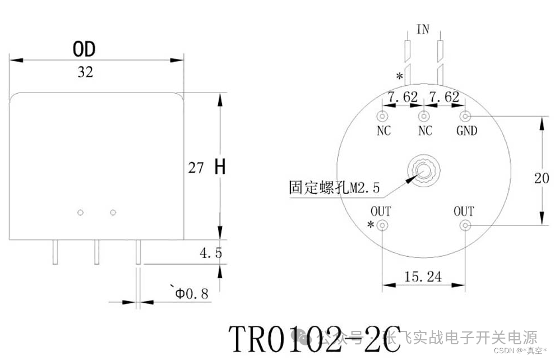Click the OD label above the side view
(84, 49)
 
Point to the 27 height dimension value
(196, 168)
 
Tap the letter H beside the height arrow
(220, 167)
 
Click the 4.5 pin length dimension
(211, 253)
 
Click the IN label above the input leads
(423, 29)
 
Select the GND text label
(466, 131)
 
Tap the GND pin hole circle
(465, 117)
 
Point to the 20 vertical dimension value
(542, 178)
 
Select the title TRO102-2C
(314, 339)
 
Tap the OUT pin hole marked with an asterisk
(383, 225)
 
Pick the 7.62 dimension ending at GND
(444, 97)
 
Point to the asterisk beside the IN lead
(399, 77)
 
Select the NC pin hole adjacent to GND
(424, 117)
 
